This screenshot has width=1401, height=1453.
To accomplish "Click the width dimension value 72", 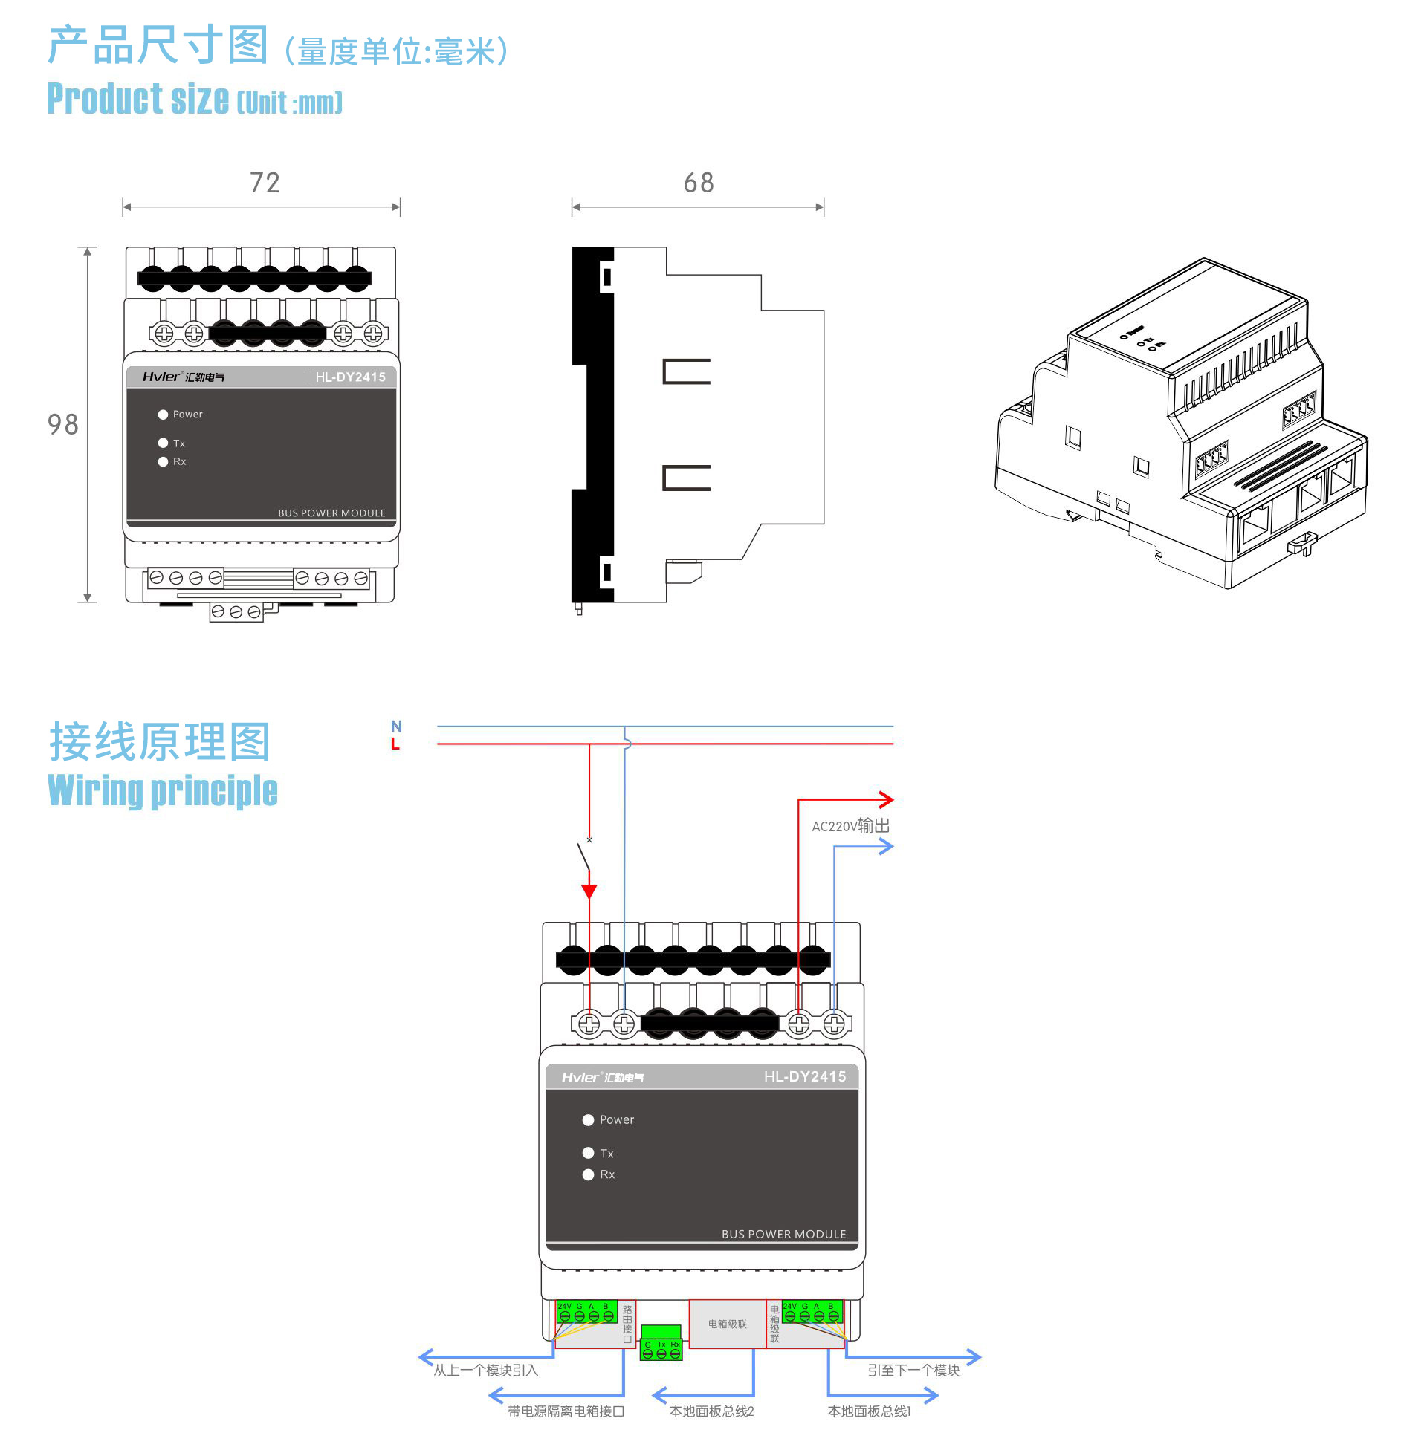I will [265, 183].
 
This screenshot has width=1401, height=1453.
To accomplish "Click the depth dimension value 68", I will [699, 183].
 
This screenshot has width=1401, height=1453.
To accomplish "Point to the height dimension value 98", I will [62, 425].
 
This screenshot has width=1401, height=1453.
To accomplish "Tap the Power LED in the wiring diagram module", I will [588, 1119].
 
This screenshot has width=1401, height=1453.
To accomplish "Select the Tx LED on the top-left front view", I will [163, 443].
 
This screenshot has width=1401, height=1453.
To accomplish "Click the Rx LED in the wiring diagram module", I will [588, 1174].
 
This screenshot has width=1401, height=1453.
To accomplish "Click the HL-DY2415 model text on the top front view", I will [350, 377].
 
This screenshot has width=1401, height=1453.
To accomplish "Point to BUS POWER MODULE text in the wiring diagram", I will [783, 1234].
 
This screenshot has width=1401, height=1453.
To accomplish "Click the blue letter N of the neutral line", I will [396, 726].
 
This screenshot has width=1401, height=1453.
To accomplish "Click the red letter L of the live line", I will [395, 744].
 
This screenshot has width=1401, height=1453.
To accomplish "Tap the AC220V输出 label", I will [850, 826].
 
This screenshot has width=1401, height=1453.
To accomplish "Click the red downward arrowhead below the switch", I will [589, 891].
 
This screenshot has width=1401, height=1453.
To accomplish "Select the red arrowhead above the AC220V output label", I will [885, 800].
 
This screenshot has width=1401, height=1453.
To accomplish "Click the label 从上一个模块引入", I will [485, 1370].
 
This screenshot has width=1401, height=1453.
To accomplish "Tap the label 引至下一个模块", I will [913, 1370].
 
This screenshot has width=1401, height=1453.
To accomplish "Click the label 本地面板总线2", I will [711, 1411].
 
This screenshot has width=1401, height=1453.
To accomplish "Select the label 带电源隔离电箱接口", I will [566, 1411].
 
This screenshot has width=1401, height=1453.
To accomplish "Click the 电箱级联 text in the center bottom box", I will [727, 1324].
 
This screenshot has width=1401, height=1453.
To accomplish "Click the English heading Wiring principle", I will [163, 790].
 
